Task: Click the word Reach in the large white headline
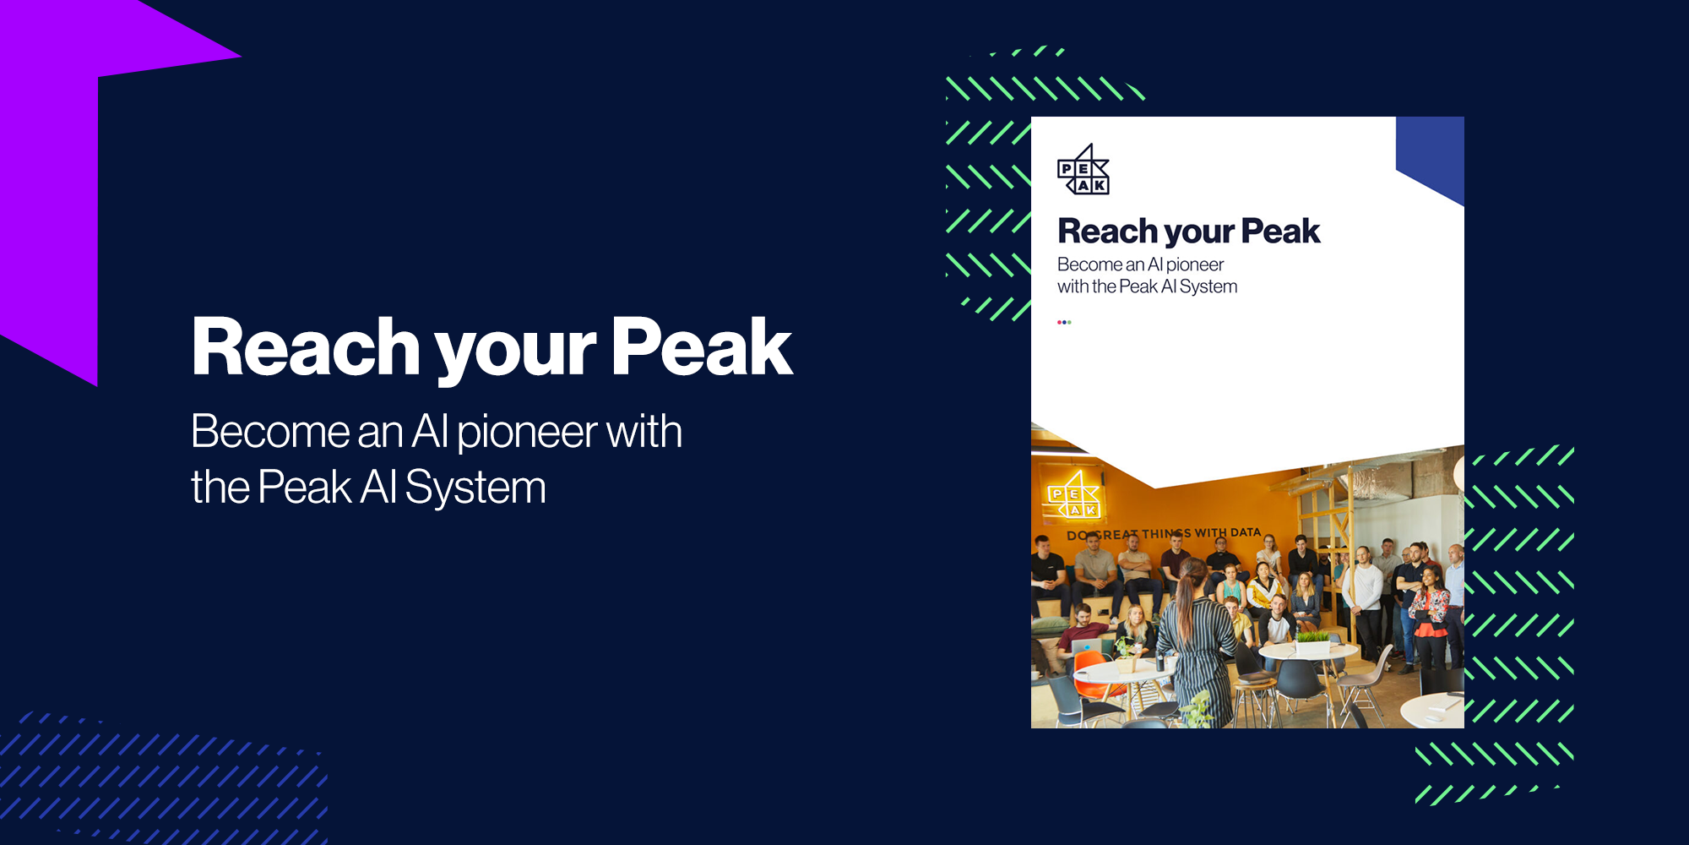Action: click(x=306, y=346)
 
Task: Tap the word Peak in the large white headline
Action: click(x=702, y=346)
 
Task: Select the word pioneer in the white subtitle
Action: click(x=527, y=433)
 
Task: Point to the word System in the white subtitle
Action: click(x=475, y=488)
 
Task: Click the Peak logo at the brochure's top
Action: click(x=1083, y=170)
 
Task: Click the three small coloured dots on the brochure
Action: click(x=1064, y=322)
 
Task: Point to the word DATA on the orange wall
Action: click(x=1245, y=532)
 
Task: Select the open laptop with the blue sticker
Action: click(x=1086, y=647)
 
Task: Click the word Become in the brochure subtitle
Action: click(x=1089, y=264)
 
